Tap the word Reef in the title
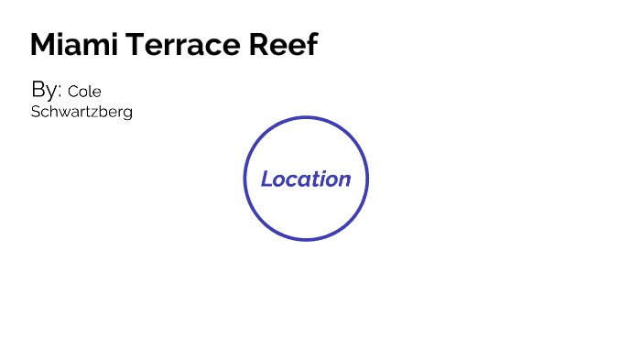(x=288, y=44)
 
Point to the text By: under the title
(x=47, y=90)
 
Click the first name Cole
(x=84, y=92)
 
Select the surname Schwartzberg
(x=81, y=112)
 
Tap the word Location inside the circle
(x=306, y=180)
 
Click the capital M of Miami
(x=41, y=44)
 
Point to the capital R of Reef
(x=269, y=44)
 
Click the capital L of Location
(x=266, y=180)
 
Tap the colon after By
(x=60, y=92)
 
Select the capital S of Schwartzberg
(x=36, y=112)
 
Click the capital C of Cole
(x=72, y=92)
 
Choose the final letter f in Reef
(x=312, y=44)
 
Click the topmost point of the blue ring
(x=306, y=118)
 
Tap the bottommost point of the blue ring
(x=306, y=240)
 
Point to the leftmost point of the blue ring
(x=244, y=179)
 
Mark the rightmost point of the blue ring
(x=367, y=179)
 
